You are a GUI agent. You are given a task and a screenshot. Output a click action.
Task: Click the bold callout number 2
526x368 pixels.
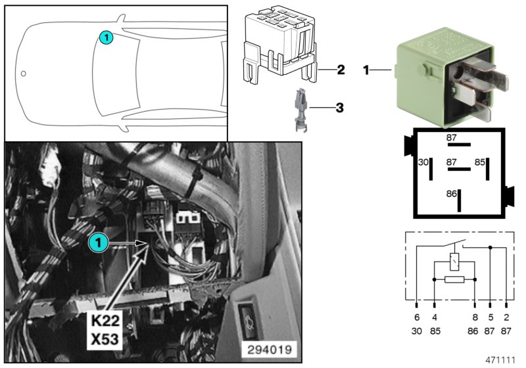pyautogui.click(x=341, y=68)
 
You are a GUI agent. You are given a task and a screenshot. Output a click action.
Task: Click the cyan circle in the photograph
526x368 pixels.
pyautogui.click(x=97, y=243)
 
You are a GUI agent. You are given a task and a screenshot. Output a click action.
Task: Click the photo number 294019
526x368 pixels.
pyautogui.click(x=272, y=348)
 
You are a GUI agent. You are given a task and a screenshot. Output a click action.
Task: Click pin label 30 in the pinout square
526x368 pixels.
pyautogui.click(x=424, y=161)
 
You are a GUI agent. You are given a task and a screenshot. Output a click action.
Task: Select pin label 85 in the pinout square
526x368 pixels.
pyautogui.click(x=480, y=161)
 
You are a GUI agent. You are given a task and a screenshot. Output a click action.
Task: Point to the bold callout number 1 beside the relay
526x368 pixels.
pyautogui.click(x=366, y=68)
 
